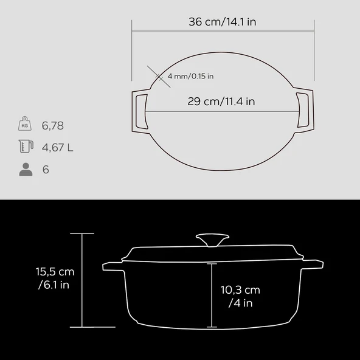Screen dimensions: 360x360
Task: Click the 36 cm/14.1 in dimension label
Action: click(222, 22)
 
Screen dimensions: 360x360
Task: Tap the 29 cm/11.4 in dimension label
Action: click(221, 101)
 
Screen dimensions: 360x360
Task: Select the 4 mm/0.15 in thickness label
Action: click(190, 76)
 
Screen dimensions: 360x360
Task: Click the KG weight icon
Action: click(25, 123)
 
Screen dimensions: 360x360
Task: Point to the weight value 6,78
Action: click(52, 126)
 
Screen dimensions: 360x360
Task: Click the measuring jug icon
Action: click(26, 146)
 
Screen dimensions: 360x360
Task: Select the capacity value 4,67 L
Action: click(57, 147)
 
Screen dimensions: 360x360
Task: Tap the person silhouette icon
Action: click(26, 170)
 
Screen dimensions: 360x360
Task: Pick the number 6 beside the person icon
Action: click(46, 170)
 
